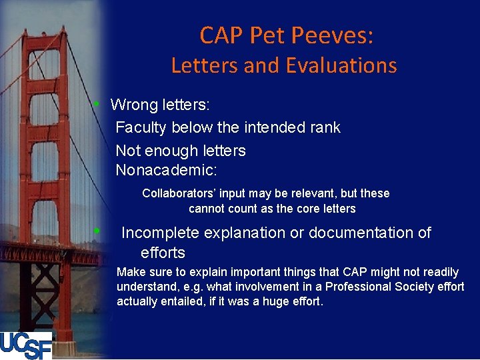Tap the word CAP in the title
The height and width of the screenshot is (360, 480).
(221, 35)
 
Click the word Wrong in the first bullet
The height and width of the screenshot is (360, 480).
(135, 105)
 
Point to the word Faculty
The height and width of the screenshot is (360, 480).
(141, 127)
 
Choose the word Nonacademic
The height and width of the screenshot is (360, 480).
(166, 170)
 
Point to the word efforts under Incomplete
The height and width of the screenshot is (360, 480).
(163, 253)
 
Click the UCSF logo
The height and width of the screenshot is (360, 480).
(26, 345)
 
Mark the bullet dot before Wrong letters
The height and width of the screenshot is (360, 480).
(97, 104)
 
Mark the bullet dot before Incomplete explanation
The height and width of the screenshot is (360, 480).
(97, 231)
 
